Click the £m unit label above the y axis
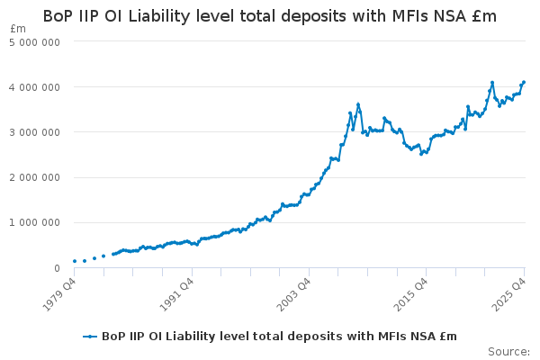[18, 29]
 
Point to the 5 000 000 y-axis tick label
[34, 42]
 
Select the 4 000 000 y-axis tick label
[34, 87]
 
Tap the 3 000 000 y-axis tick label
[34, 132]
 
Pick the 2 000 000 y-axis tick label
[34, 178]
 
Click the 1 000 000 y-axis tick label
[34, 223]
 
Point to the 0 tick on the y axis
[57, 268]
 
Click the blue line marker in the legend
[90, 337]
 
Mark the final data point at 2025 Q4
[524, 82]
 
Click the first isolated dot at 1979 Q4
[75, 261]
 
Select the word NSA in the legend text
[424, 337]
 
